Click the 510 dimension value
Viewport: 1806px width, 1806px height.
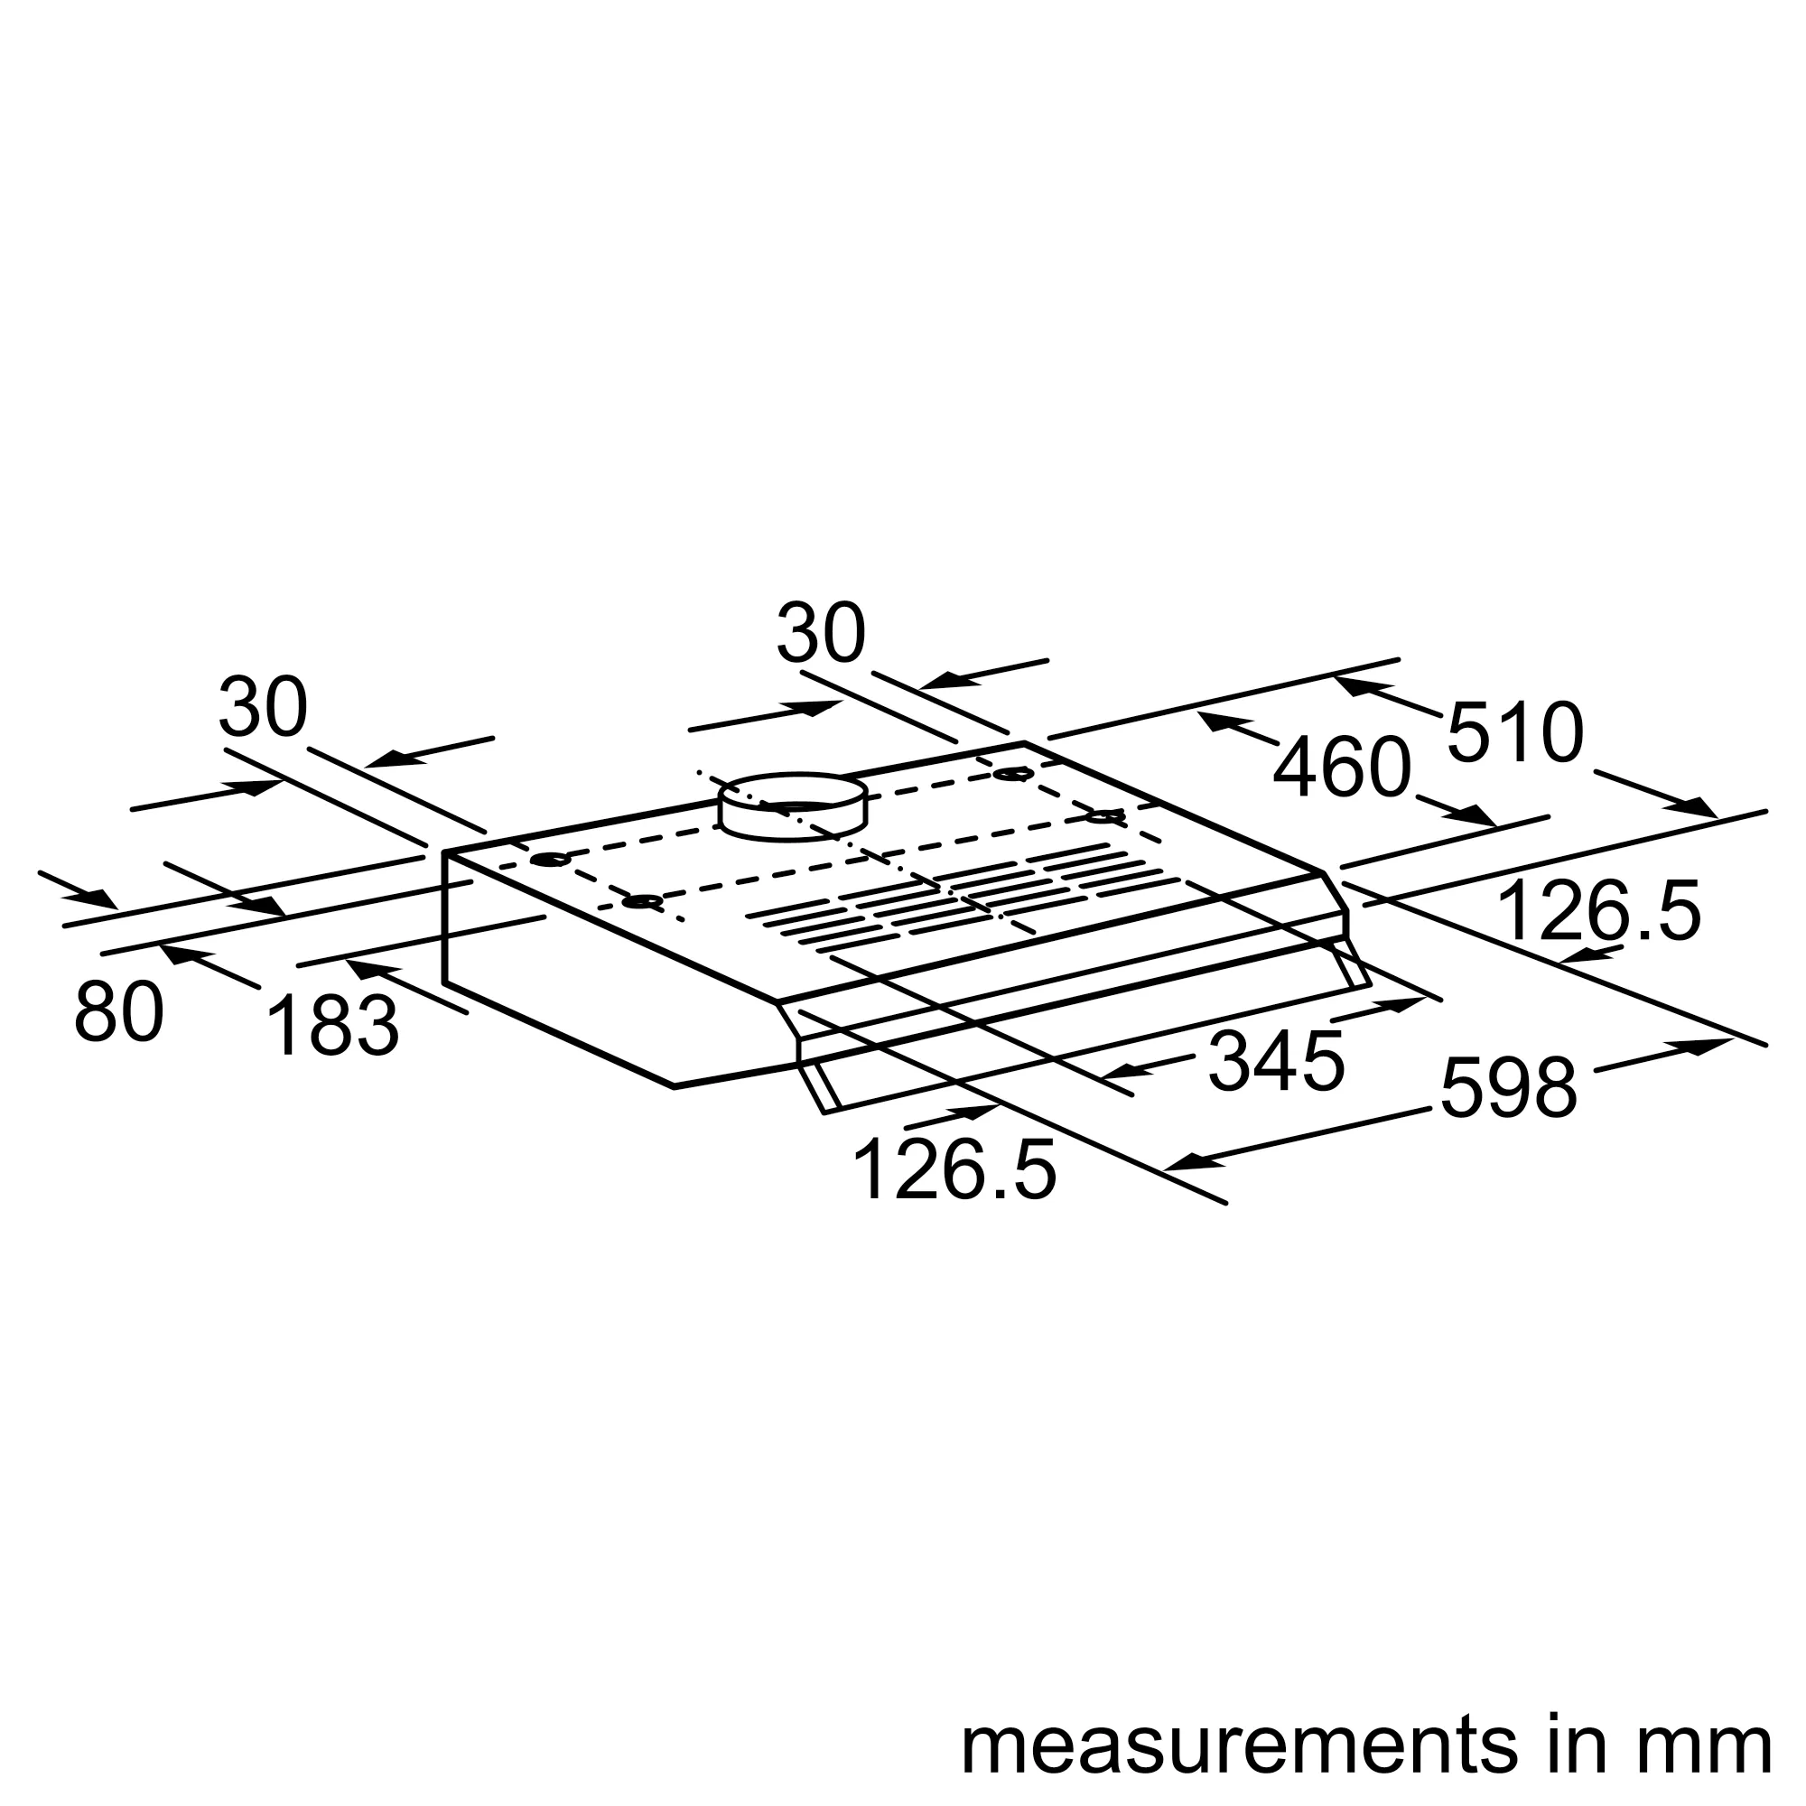tap(1515, 732)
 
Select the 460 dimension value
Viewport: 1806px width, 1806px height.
tap(1342, 768)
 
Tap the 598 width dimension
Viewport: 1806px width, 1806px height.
tap(1509, 1088)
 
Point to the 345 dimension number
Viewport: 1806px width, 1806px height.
tap(1276, 1061)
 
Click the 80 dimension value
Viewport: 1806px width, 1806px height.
tap(118, 1012)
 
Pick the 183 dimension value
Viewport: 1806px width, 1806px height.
tap(333, 1027)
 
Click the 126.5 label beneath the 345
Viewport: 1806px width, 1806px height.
tap(954, 1169)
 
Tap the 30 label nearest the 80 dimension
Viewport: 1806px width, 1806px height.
tap(263, 707)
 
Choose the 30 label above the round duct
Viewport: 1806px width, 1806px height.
tap(821, 634)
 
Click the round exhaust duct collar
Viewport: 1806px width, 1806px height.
tap(793, 806)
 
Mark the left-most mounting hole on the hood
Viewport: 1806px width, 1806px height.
tap(550, 859)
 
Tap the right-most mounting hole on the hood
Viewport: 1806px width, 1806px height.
tap(1104, 817)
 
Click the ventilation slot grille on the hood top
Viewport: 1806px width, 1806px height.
tap(963, 898)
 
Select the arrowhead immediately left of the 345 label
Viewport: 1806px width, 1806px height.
tap(1120, 1071)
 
